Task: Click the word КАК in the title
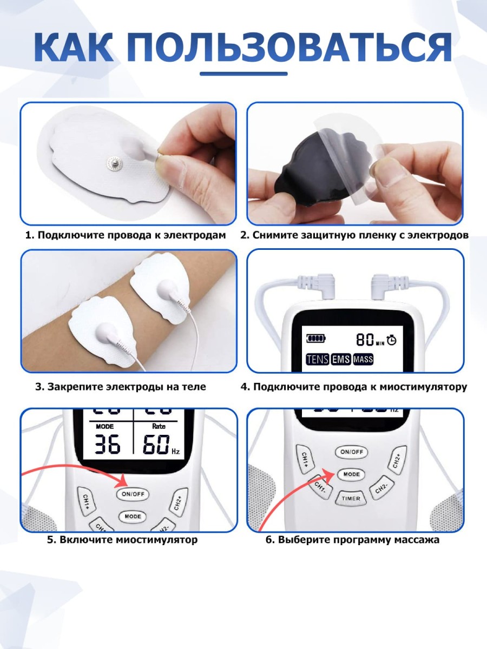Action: (74, 47)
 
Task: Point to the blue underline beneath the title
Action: (243, 74)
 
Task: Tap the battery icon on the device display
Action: (316, 338)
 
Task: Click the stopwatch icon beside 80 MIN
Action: (391, 340)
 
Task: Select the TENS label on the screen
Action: (317, 359)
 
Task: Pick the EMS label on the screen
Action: (341, 359)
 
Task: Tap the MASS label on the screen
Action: (363, 359)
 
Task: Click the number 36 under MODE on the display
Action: (108, 444)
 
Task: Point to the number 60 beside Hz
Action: (156, 444)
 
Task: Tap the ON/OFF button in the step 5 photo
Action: (133, 494)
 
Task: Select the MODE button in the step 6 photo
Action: (351, 474)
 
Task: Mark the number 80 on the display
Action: (365, 340)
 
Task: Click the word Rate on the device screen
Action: (159, 426)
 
